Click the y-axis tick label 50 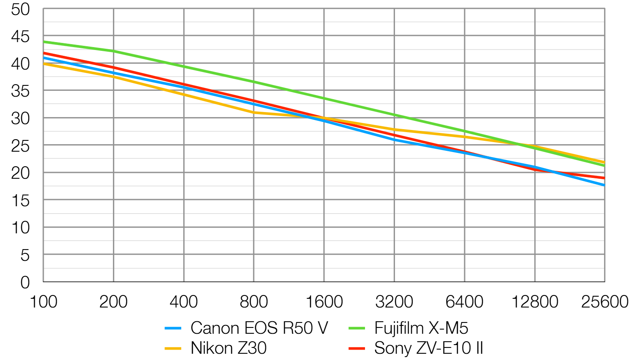tap(20, 9)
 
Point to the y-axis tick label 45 tap(20, 37)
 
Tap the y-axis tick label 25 tap(20, 146)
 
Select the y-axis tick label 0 tap(25, 282)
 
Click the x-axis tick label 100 tap(43, 302)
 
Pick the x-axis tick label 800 tap(254, 302)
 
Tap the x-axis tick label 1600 tap(324, 302)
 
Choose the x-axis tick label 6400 tap(465, 302)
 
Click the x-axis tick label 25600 tap(605, 302)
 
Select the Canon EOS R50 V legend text tap(259, 328)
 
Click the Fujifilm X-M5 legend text tap(421, 328)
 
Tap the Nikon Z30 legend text tap(228, 348)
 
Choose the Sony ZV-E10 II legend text tap(429, 348)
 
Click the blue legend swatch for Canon tap(173, 328)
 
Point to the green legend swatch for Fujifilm tap(357, 328)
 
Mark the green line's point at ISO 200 tap(113, 51)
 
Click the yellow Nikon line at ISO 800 tap(254, 112)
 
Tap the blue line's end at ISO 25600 tap(604, 185)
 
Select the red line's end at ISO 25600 tap(604, 178)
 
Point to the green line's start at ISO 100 tap(44, 42)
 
